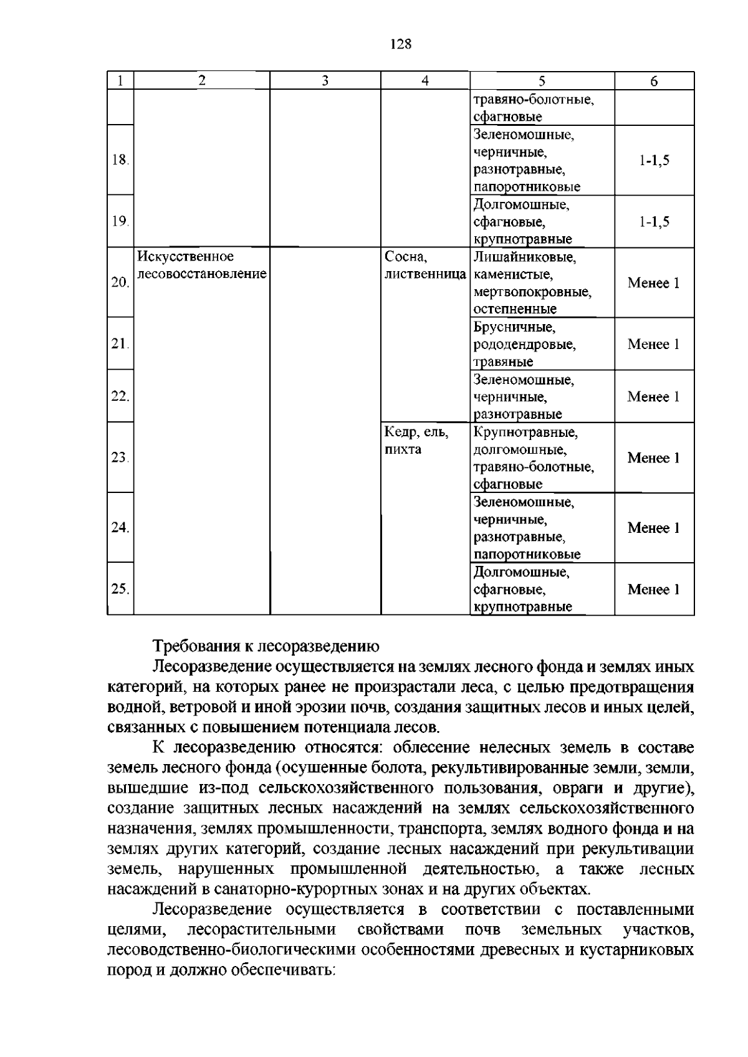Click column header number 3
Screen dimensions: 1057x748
pos(325,80)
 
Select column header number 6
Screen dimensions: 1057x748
pos(654,81)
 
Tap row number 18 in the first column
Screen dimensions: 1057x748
pos(120,160)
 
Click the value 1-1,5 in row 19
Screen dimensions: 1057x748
pos(654,221)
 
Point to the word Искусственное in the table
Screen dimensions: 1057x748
pos(186,256)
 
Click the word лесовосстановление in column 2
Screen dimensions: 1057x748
pos(201,274)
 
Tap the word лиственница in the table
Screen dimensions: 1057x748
pos(425,274)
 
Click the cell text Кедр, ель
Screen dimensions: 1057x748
pos(417,432)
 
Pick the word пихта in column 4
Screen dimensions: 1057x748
pos(403,449)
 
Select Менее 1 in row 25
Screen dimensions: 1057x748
pos(653,589)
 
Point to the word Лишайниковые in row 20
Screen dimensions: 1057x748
pos(524,256)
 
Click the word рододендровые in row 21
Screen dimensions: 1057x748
pos(524,344)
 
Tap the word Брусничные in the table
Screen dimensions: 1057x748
pos(514,327)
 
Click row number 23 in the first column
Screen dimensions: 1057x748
pos(120,457)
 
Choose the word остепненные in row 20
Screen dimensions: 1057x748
pos(515,309)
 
